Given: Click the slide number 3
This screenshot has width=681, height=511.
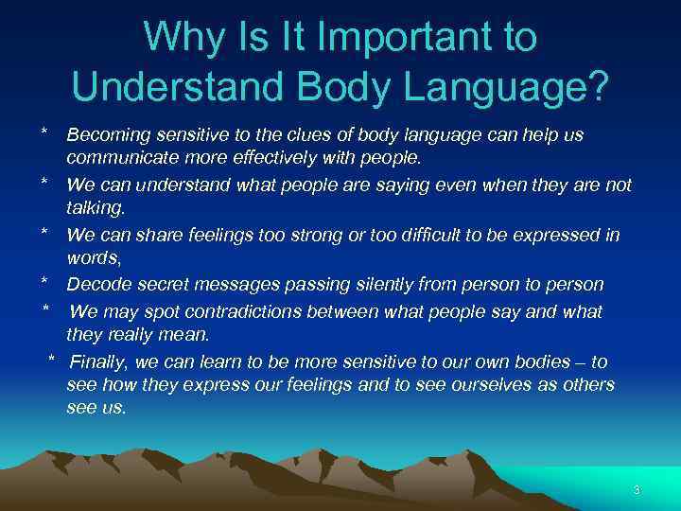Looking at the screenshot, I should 637,490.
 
